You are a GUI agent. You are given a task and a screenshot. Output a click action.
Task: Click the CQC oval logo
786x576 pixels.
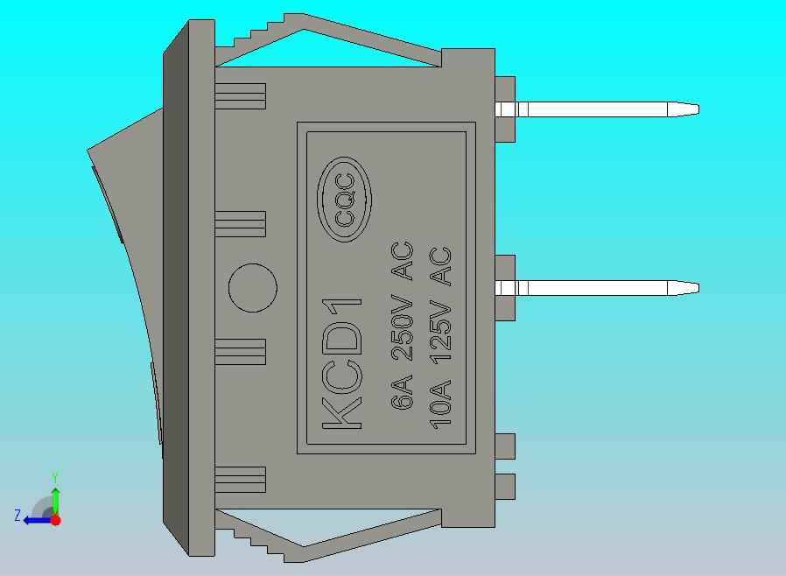coord(344,200)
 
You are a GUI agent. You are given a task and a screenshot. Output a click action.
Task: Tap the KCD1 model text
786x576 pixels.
coord(342,364)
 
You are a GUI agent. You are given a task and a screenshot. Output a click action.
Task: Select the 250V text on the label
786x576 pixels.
coord(402,330)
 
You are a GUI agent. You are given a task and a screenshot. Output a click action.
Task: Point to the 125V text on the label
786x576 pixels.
coord(441,333)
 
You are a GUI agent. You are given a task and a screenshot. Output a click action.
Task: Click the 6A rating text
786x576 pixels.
coord(402,391)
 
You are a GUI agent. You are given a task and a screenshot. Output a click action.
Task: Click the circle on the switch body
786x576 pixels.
coord(253,288)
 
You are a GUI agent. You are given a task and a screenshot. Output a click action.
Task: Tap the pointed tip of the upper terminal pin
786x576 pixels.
coord(698,109)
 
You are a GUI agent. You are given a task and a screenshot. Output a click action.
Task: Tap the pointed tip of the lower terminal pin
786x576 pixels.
coord(698,288)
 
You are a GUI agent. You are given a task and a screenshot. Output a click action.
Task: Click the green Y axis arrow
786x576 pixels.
coord(56,500)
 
